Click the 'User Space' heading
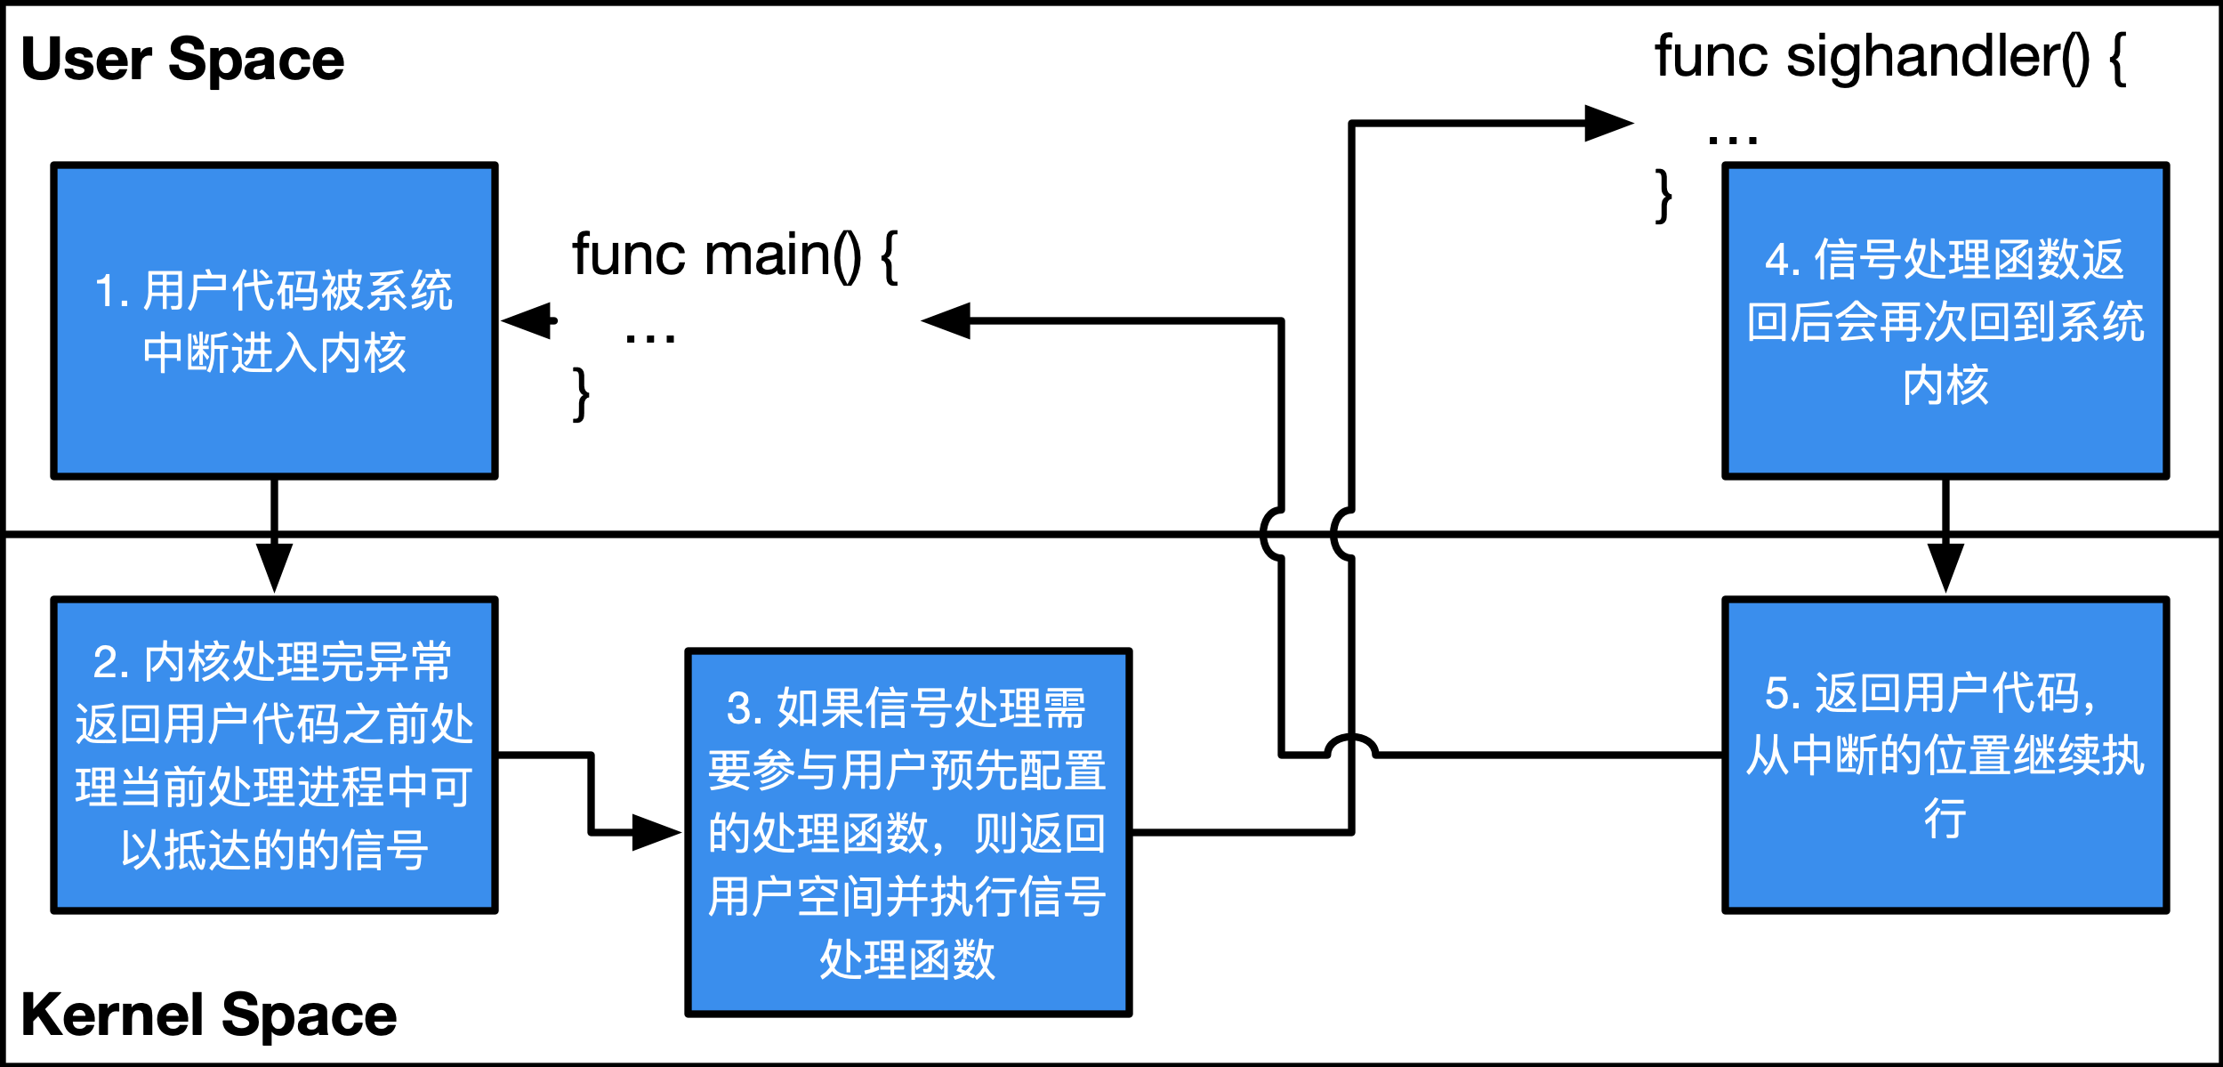point(182,60)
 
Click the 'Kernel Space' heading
point(208,1015)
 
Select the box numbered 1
point(274,321)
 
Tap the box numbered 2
point(274,756)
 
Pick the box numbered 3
point(907,832)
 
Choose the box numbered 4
point(1945,321)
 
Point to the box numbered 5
point(1945,756)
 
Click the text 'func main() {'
point(735,256)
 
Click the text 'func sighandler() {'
point(1889,58)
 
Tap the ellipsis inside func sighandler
point(1733,139)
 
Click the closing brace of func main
point(581,393)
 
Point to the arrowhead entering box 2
point(274,567)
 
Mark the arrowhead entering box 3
point(656,832)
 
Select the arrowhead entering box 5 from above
point(1945,567)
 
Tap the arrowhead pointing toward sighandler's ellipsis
point(1607,124)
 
